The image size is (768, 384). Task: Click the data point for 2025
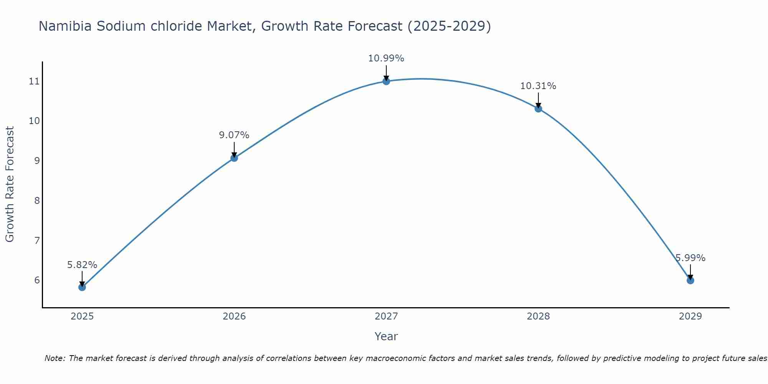(x=82, y=287)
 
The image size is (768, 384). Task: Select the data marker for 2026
(x=234, y=158)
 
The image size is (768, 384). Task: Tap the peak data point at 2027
(x=386, y=81)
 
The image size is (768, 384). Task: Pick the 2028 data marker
(x=538, y=109)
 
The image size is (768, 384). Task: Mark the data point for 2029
(x=690, y=280)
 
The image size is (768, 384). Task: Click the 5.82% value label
(x=82, y=265)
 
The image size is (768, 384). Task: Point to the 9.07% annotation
(x=234, y=135)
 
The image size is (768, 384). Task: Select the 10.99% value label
(x=386, y=58)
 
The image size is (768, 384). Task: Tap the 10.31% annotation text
(x=538, y=86)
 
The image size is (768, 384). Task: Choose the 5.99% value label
(x=690, y=258)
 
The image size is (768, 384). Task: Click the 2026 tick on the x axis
(x=234, y=316)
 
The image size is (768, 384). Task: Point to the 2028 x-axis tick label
(x=538, y=316)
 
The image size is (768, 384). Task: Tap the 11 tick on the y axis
(x=34, y=81)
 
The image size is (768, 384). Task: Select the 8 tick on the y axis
(x=37, y=200)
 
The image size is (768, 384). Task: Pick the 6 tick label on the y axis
(x=37, y=280)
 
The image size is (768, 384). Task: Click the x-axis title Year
(x=386, y=336)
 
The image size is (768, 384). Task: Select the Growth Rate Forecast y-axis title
(x=10, y=184)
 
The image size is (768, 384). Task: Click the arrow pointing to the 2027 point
(x=386, y=73)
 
